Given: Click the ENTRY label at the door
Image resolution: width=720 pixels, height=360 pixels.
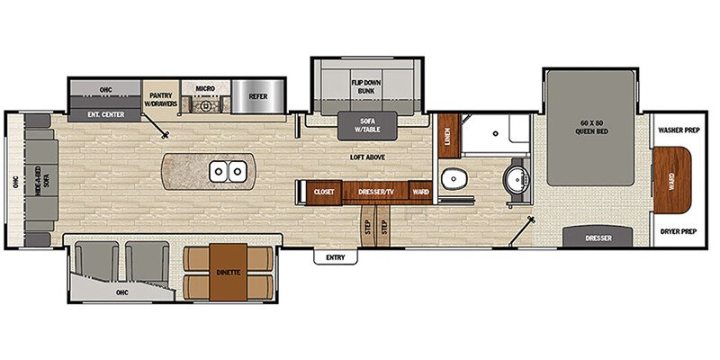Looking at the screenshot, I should point(335,258).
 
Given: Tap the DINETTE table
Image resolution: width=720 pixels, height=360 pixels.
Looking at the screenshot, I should point(227,271).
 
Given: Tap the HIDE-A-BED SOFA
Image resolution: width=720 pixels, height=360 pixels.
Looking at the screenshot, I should point(40,180).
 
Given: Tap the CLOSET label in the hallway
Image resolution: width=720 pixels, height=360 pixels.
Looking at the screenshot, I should point(324,192).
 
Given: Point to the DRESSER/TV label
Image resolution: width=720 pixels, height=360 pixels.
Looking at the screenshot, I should point(378,192).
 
